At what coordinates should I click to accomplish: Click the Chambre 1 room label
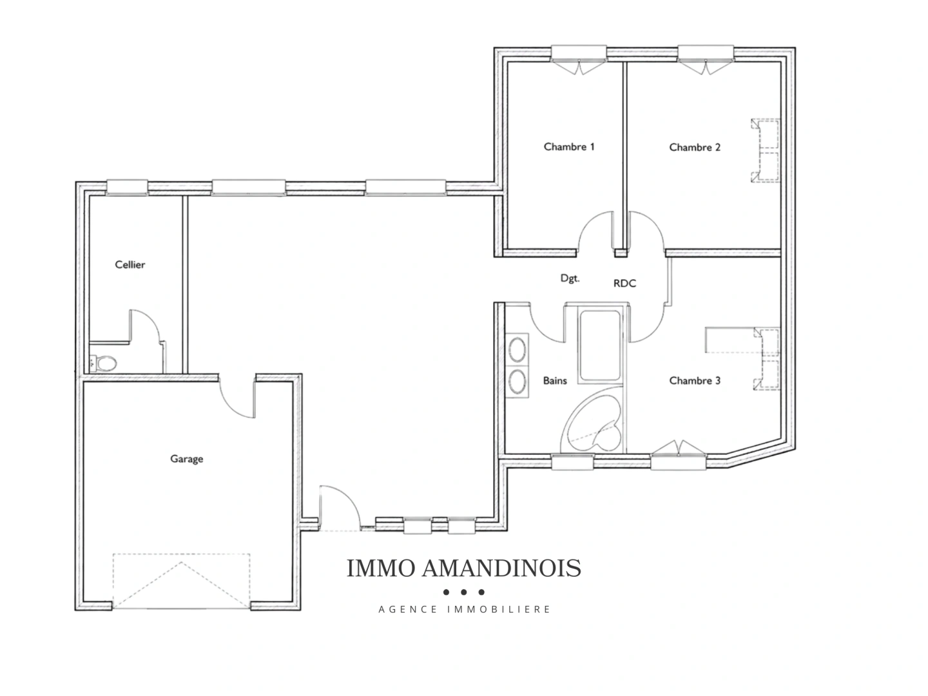point(568,147)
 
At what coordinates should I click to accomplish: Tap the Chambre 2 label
point(695,147)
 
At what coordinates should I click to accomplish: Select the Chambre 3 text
point(695,380)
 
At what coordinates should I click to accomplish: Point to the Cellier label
point(130,264)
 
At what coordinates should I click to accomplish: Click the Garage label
point(186,459)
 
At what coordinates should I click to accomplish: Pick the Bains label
point(555,380)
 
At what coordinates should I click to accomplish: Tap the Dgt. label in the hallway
point(570,278)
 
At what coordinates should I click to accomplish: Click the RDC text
point(624,283)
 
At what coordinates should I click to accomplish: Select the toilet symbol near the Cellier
point(104,363)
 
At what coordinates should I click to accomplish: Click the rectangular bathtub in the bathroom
point(600,345)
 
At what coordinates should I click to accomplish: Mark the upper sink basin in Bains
point(517,349)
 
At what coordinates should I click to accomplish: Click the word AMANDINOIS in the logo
point(501,568)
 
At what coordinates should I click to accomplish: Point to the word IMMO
point(380,568)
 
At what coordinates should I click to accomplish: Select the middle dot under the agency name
point(464,592)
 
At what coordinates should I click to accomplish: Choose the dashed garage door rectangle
point(181,581)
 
